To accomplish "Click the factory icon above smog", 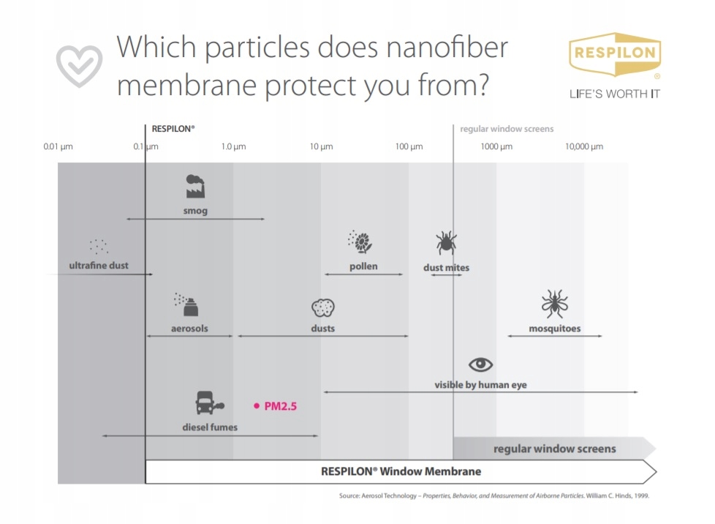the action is pyautogui.click(x=195, y=187).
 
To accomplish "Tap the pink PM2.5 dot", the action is pyautogui.click(x=256, y=405).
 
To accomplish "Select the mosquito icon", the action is pyautogui.click(x=554, y=304).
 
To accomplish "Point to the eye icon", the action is pyautogui.click(x=480, y=364).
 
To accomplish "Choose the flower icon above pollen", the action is pyautogui.click(x=362, y=242).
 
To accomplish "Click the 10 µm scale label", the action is pyautogui.click(x=321, y=146).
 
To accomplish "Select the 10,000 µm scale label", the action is pyautogui.click(x=583, y=146).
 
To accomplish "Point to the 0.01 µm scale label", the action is pyautogui.click(x=58, y=146).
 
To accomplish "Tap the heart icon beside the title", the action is pyautogui.click(x=80, y=65).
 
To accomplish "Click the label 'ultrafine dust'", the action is pyautogui.click(x=98, y=265).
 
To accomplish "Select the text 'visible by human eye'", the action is pyautogui.click(x=480, y=385).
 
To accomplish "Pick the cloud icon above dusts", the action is pyautogui.click(x=322, y=307).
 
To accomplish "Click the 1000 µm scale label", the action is pyautogui.click(x=496, y=146).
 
